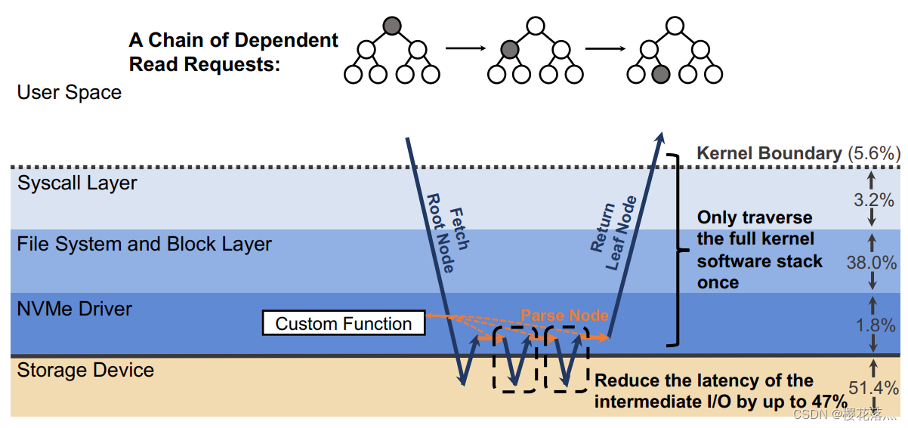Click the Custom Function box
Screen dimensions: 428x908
pyautogui.click(x=343, y=324)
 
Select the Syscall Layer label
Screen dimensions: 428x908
pyautogui.click(x=78, y=183)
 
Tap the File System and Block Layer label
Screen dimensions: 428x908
pyautogui.click(x=144, y=245)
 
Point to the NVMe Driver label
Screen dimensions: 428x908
pyautogui.click(x=75, y=309)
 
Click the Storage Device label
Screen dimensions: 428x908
pyautogui.click(x=85, y=371)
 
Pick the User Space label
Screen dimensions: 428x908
pyautogui.click(x=69, y=93)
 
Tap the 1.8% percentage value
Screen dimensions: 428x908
pyautogui.click(x=872, y=325)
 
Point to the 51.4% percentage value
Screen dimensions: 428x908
pyautogui.click(x=873, y=388)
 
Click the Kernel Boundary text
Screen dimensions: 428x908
pyautogui.click(x=769, y=153)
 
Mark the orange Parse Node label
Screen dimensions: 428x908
pyautogui.click(x=564, y=315)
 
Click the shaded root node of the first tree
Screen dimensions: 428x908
pyautogui.click(x=391, y=26)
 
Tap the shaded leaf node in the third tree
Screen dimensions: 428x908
pyautogui.click(x=660, y=74)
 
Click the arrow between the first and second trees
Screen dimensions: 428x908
pyautogui.click(x=463, y=50)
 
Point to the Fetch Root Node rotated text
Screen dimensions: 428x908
pyautogui.click(x=448, y=239)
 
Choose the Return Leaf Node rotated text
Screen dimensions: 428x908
pyautogui.click(x=613, y=232)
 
